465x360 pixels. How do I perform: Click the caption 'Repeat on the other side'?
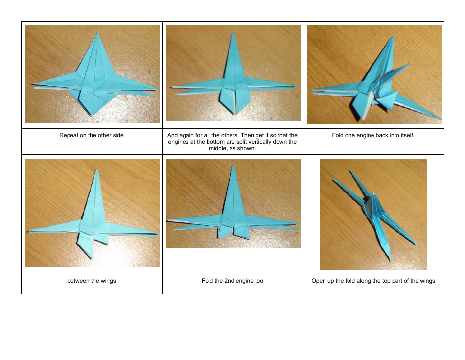click(x=92, y=135)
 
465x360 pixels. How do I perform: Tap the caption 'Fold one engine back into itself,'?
click(x=373, y=135)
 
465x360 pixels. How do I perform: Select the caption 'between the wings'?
click(x=92, y=281)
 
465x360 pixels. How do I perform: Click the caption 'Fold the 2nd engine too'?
click(x=232, y=281)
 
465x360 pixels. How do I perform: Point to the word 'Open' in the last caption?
click(x=319, y=281)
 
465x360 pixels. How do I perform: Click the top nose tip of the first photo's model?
click(x=97, y=33)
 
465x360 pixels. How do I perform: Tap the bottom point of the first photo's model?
click(x=92, y=115)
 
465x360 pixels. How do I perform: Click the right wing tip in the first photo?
click(x=157, y=89)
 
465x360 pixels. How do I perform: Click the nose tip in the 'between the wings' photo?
click(x=97, y=170)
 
